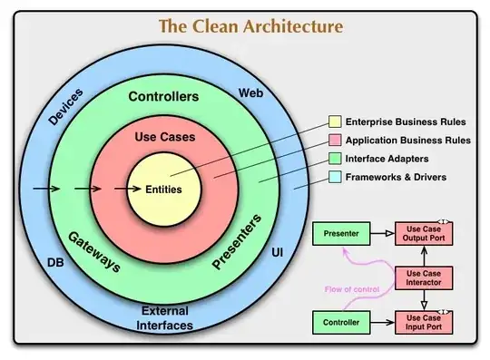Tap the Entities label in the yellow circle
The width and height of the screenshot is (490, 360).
coord(163,190)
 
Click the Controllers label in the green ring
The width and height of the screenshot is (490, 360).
coord(164,97)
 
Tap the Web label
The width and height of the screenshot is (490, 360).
coord(250,93)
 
